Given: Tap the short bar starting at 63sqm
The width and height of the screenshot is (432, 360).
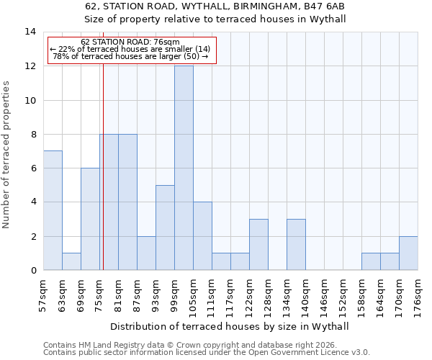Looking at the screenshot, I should pyautogui.click(x=71, y=261).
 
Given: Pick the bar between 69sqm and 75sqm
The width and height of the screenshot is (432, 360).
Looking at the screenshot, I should pyautogui.click(x=90, y=219).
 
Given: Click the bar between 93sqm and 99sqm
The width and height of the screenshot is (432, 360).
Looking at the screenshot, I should pyautogui.click(x=165, y=228).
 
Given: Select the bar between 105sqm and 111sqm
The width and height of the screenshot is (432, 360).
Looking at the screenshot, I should pyautogui.click(x=202, y=236).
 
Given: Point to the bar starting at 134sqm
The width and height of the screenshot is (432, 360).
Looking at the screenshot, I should pyautogui.click(x=296, y=245).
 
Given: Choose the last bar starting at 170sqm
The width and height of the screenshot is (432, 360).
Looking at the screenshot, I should pyautogui.click(x=408, y=253).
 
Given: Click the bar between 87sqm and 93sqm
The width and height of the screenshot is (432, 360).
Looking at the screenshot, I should pyautogui.click(x=146, y=253).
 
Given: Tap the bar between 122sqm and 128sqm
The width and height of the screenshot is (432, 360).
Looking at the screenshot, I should pyautogui.click(x=258, y=245).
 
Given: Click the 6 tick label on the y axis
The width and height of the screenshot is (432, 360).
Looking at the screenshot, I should pyautogui.click(x=33, y=168).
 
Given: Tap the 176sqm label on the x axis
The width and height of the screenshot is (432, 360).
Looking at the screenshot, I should pyautogui.click(x=418, y=296).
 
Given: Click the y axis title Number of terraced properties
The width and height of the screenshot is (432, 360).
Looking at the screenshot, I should pyautogui.click(x=7, y=155).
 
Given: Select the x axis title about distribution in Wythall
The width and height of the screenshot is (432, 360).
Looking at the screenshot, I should pyautogui.click(x=230, y=326).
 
